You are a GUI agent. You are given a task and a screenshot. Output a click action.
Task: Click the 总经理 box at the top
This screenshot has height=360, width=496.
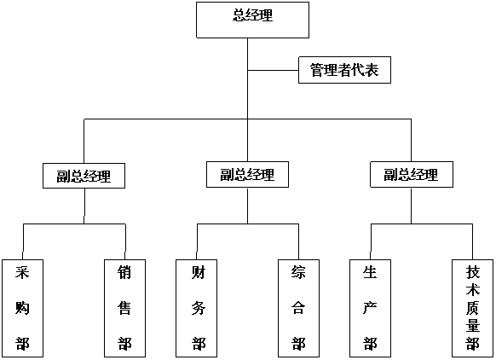252,20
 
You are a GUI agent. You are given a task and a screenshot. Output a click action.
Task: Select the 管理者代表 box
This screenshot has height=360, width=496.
344,70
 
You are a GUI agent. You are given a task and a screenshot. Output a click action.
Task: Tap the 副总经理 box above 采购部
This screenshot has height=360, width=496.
84,176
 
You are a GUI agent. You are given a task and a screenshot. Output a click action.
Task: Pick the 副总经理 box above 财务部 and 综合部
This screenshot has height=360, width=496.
247,175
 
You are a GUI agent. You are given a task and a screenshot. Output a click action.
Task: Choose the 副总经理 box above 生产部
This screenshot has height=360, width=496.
412,175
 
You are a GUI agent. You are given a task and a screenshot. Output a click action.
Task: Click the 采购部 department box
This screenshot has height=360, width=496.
22,309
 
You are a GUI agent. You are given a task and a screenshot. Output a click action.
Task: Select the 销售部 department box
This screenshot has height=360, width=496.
124,309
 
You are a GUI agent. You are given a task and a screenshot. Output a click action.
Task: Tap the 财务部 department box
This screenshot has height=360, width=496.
196,309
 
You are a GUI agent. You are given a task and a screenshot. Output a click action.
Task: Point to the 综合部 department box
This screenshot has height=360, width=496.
298,309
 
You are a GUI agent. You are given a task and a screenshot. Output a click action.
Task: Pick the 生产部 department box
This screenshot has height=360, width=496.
370,309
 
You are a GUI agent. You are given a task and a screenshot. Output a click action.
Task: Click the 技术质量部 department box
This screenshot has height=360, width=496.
473,309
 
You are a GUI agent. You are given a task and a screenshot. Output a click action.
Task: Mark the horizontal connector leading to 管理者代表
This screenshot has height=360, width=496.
273,70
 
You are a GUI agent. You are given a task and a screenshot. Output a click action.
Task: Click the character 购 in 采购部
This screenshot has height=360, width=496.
22,307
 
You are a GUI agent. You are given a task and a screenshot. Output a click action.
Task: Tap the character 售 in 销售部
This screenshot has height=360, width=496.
124,307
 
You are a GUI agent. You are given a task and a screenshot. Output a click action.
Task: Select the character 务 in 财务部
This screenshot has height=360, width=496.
199,307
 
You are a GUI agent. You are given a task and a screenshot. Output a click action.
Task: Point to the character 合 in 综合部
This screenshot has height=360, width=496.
298,307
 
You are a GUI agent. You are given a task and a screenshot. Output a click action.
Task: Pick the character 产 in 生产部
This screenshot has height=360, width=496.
370,307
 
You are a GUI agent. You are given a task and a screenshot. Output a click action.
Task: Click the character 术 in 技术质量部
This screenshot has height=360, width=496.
473,289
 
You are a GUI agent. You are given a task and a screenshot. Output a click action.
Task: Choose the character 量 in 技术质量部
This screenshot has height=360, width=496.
473,325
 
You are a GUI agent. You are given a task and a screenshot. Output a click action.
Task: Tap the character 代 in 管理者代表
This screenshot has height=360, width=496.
358,70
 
